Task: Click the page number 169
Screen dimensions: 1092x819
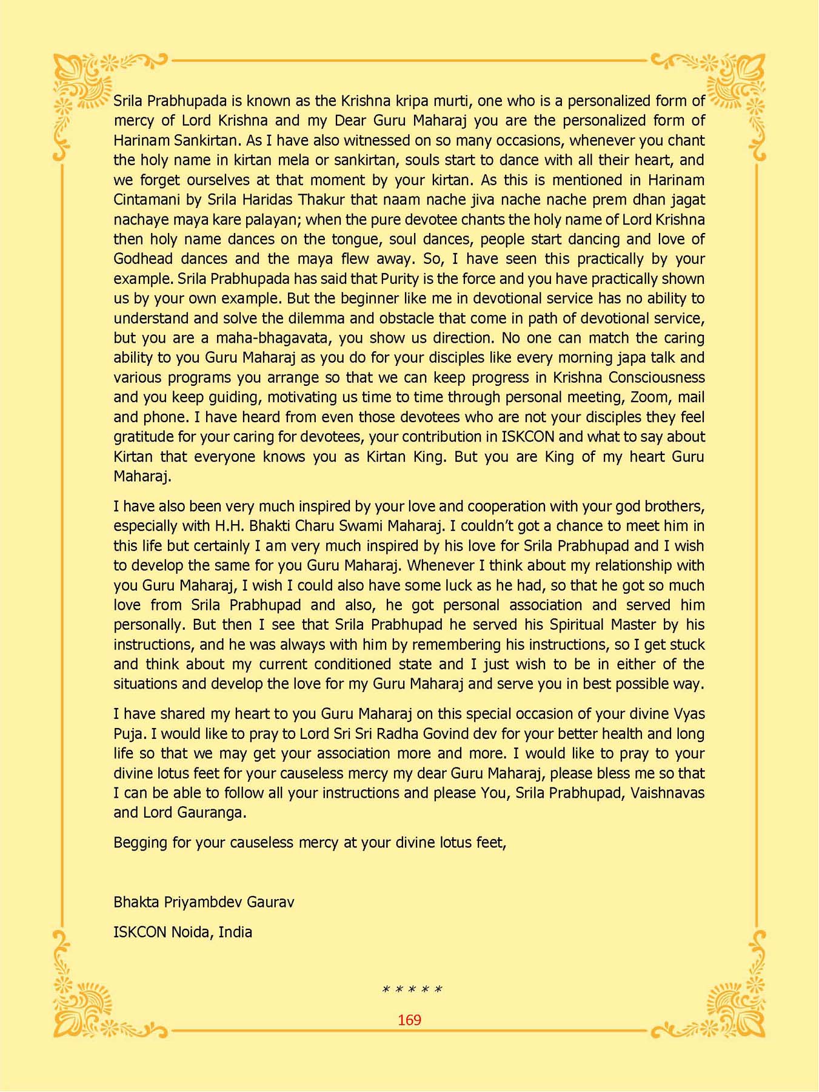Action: (x=409, y=1020)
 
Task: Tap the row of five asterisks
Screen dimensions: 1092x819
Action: (x=412, y=990)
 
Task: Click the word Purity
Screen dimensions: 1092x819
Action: (x=402, y=278)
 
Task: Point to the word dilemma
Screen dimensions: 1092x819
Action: (x=334, y=318)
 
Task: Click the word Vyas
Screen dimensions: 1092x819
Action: (x=689, y=714)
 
